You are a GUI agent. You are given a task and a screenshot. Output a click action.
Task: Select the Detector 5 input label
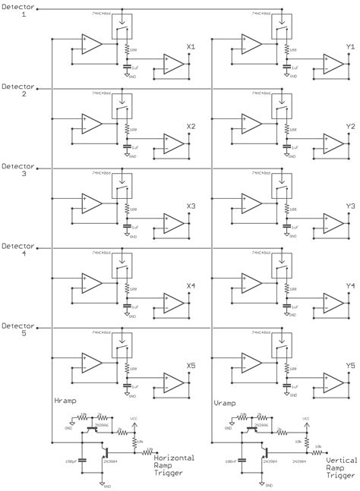pos(16,329)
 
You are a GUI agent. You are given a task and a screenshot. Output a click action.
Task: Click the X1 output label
pos(191,47)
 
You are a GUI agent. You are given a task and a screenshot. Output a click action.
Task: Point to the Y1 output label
pos(350,47)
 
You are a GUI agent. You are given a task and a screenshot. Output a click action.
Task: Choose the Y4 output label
pos(350,286)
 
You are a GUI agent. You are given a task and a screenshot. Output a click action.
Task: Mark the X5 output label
pos(191,366)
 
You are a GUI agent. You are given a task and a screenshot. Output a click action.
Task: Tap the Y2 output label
pos(350,127)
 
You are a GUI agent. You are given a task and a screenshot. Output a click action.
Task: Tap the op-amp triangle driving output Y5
pos(333,383)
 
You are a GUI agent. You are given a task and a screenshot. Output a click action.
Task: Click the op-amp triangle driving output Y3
pos(333,224)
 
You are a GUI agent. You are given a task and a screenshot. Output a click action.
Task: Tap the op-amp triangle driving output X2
pos(174,144)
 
